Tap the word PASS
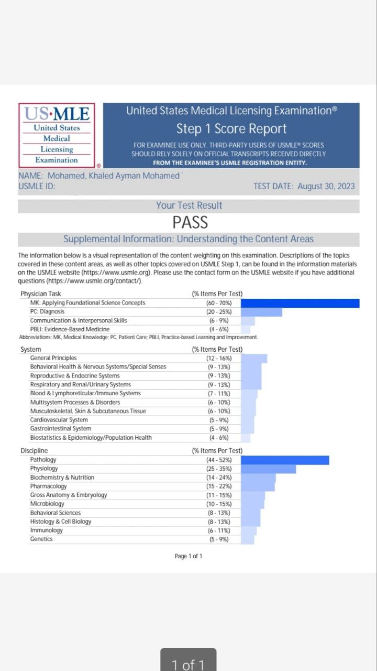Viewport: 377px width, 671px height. (x=190, y=223)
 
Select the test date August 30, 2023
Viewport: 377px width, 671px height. (x=304, y=186)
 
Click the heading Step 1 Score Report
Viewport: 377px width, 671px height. (x=231, y=128)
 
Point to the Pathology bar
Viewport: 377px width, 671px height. (x=285, y=460)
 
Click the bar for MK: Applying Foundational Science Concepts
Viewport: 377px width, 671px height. (x=300, y=303)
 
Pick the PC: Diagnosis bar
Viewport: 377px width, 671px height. (x=261, y=312)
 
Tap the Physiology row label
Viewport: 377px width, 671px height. (x=44, y=469)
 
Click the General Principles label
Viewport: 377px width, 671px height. (x=53, y=358)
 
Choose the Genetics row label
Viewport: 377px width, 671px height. (x=41, y=539)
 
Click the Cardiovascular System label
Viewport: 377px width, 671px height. (x=59, y=420)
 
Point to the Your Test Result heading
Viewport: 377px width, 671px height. (x=189, y=205)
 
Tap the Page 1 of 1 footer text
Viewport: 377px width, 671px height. (x=188, y=556)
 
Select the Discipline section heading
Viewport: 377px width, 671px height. (x=34, y=451)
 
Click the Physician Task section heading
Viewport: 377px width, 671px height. (x=41, y=294)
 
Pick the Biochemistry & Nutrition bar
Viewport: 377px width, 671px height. (x=258, y=478)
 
